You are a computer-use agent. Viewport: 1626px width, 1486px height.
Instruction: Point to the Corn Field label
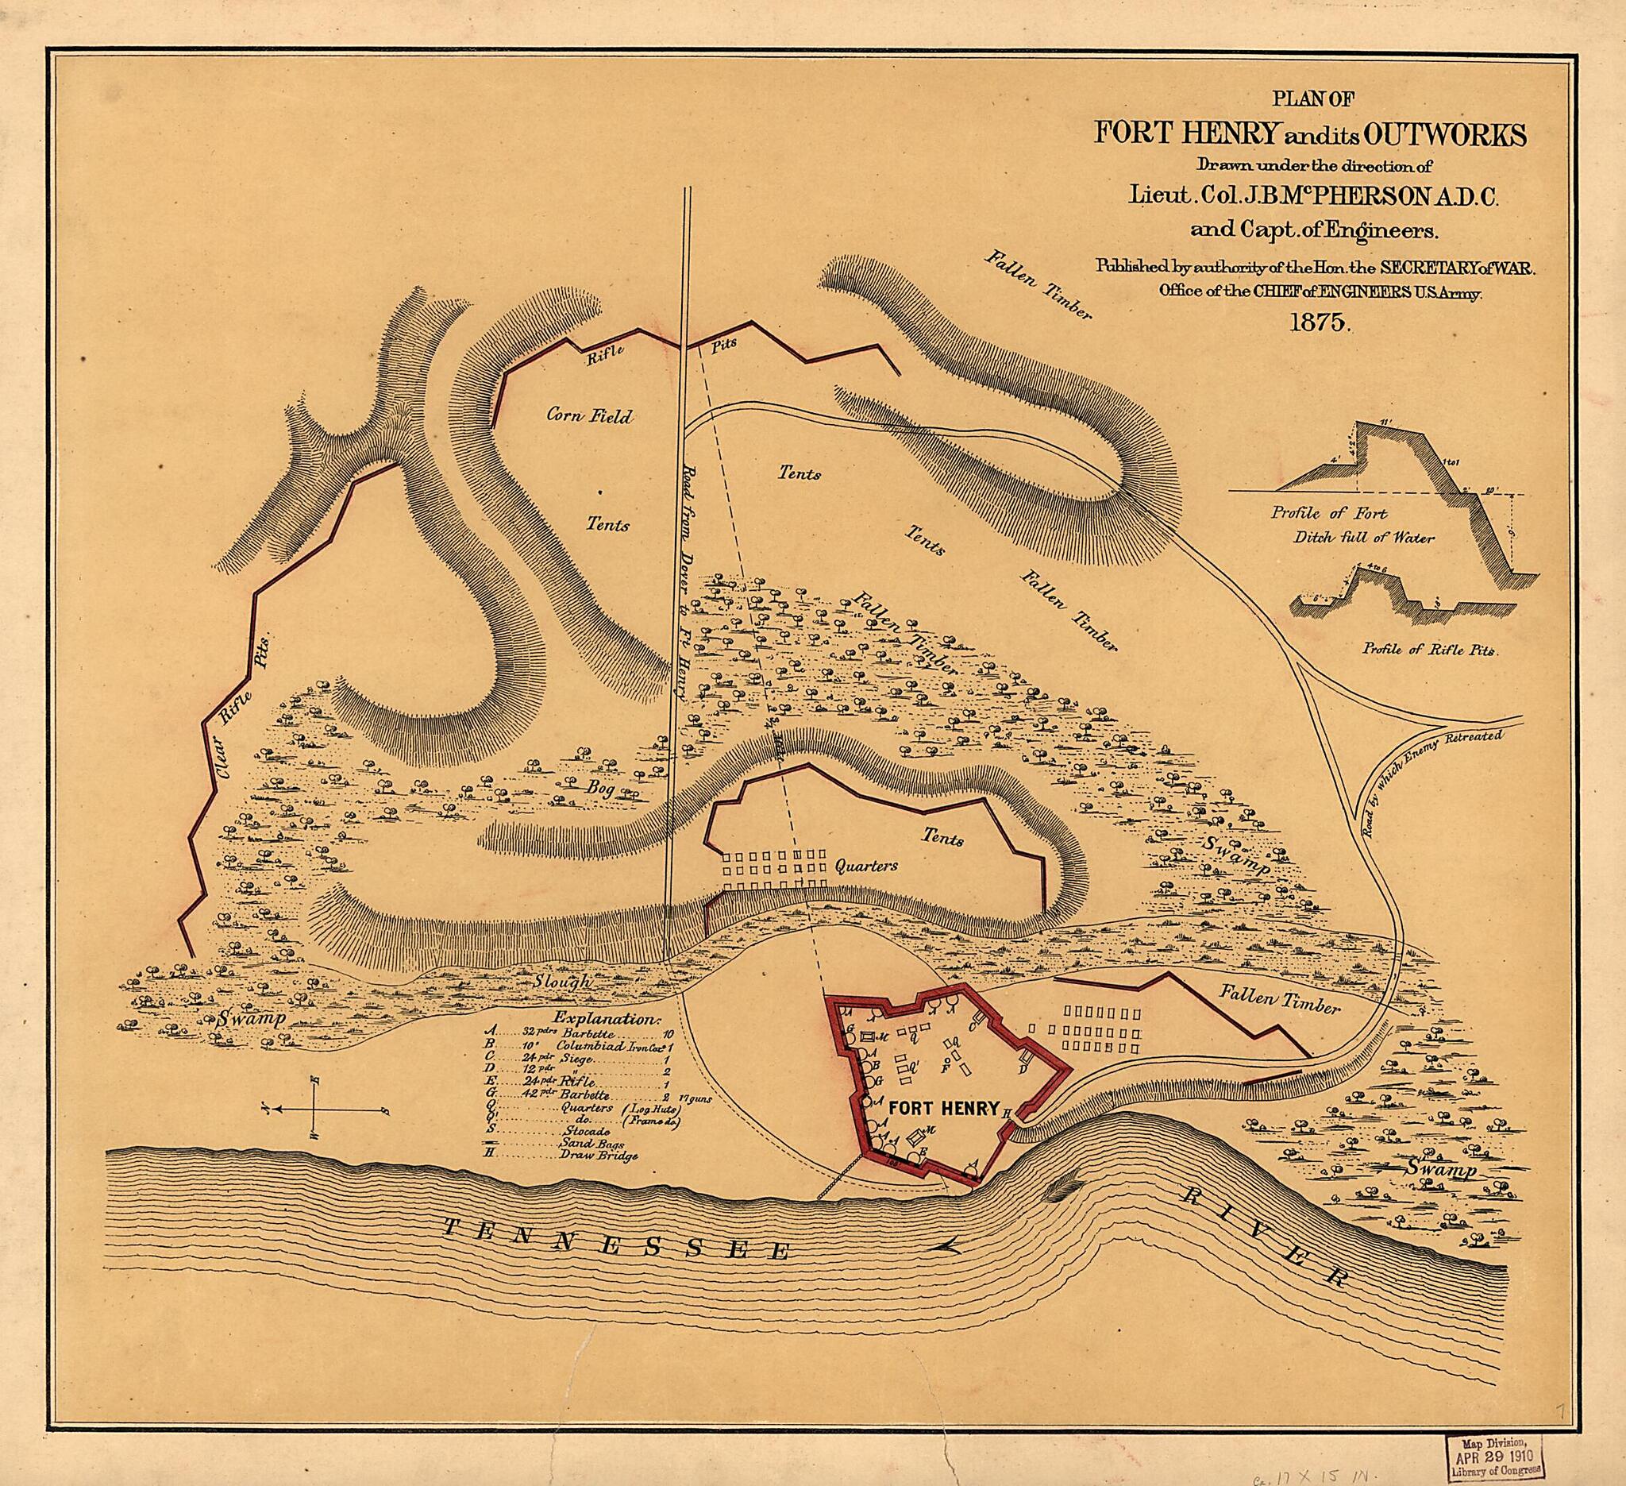[x=589, y=416]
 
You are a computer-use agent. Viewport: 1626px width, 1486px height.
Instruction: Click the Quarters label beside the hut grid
[x=865, y=867]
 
